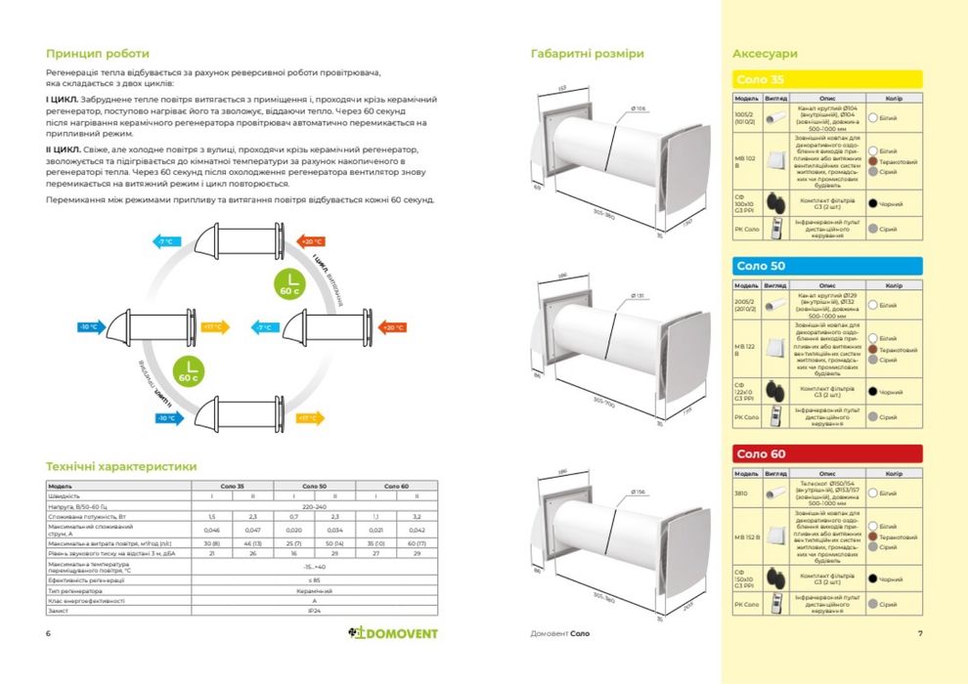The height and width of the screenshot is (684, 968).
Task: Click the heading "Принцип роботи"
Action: point(98,54)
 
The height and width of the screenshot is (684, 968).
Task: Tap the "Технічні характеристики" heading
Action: point(121,467)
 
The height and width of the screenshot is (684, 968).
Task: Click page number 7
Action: point(920,633)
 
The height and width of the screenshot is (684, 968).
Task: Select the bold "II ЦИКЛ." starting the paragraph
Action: point(63,150)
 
